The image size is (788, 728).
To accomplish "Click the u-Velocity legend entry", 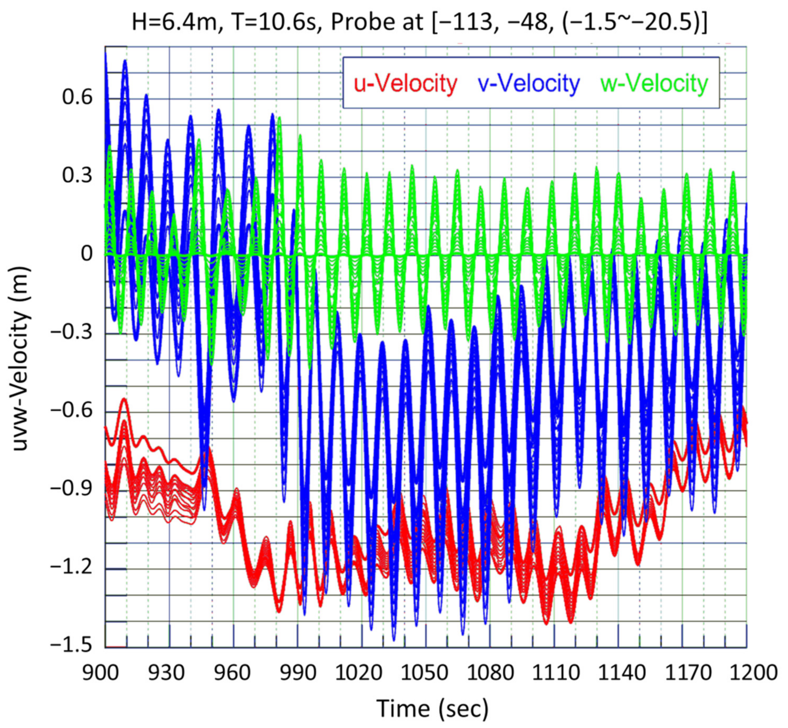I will point(405,84).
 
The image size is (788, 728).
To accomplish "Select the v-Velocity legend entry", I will point(529,84).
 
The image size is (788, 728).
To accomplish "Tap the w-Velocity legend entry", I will point(654,84).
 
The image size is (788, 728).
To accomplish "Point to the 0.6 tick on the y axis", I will point(78,97).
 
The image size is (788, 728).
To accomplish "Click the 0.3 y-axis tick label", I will point(78,176).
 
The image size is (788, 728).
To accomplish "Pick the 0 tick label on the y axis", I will point(87,254).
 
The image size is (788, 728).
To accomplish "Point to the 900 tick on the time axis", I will point(101,673).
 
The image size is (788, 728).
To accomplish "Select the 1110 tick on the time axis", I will point(556,673).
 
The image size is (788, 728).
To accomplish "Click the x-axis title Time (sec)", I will point(432,709).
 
